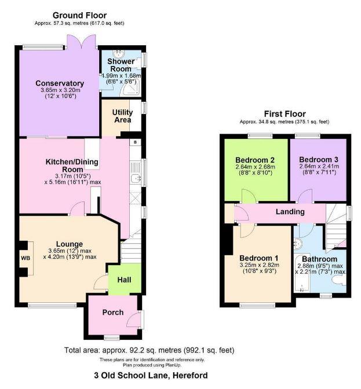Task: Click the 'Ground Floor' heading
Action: coord(79,15)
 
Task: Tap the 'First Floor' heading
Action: coord(285,114)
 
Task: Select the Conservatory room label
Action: coord(60,83)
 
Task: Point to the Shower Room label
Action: coord(122,65)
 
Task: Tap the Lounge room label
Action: coord(69,244)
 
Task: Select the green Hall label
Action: coord(125,279)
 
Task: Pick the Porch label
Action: coord(113,312)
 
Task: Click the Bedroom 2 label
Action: coord(254,160)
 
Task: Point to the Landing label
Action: coord(290,212)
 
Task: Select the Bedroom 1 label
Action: coord(258,258)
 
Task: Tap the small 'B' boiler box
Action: coord(135,142)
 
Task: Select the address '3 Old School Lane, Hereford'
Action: coord(151,375)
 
